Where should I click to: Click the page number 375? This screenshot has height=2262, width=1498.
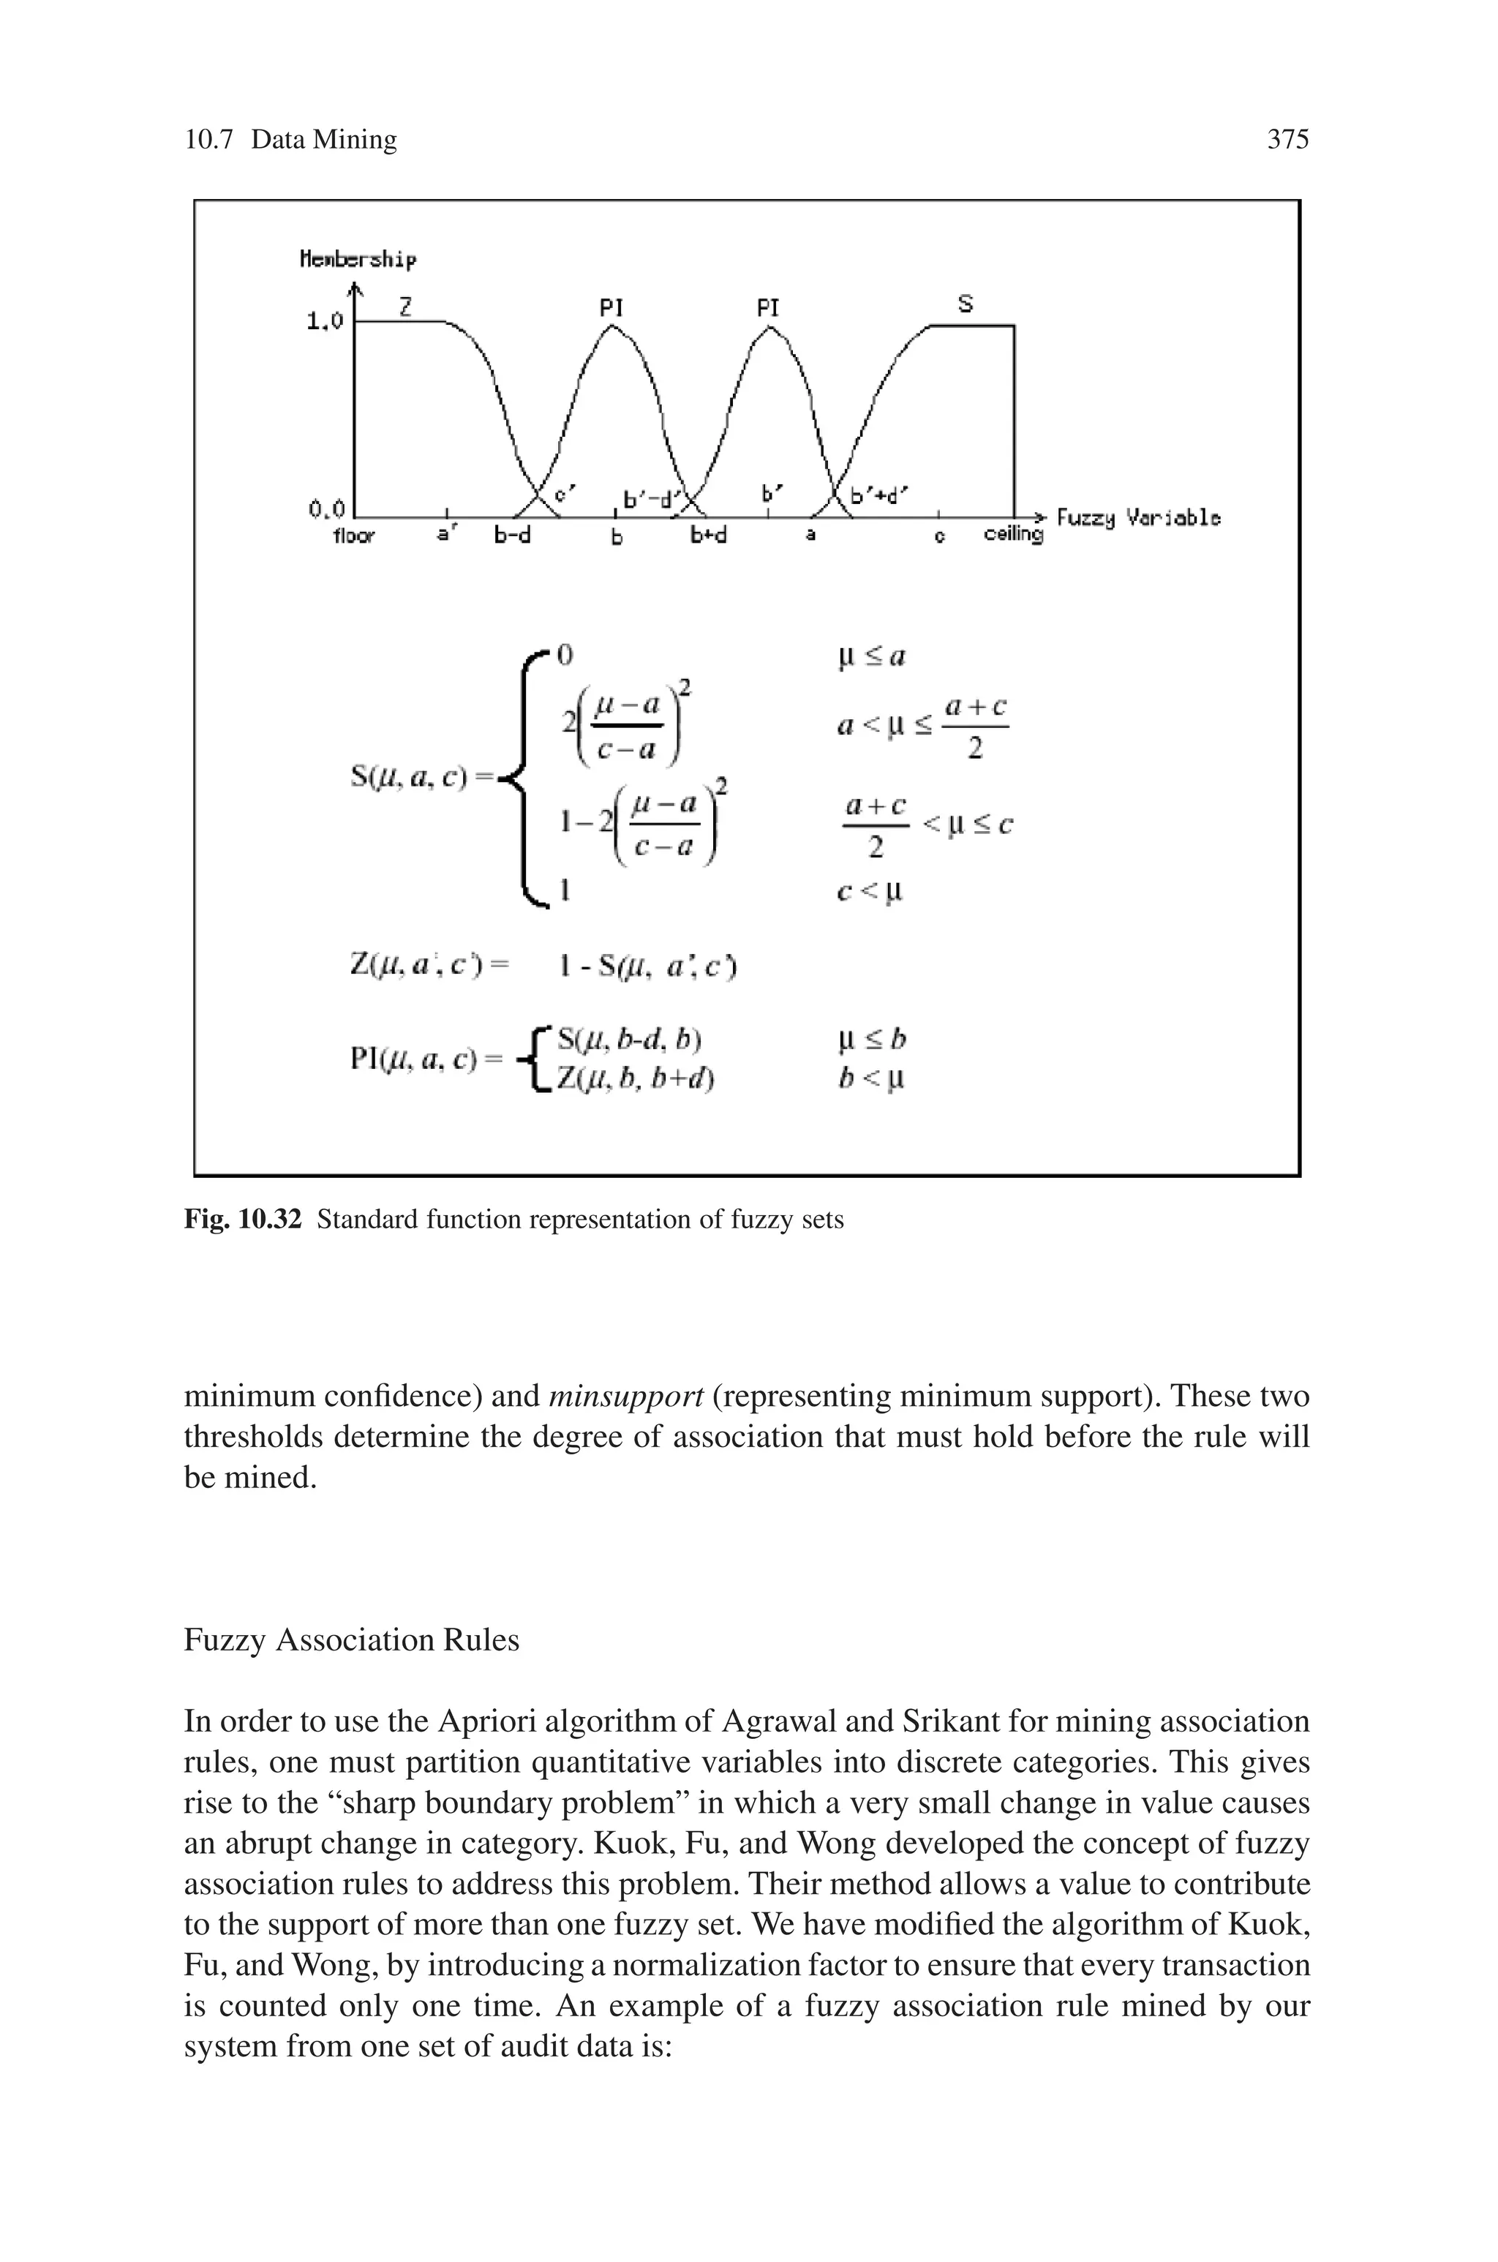[x=1287, y=140]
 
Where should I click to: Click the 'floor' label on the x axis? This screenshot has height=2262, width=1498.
[x=353, y=536]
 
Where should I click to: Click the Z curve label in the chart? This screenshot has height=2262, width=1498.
[x=406, y=307]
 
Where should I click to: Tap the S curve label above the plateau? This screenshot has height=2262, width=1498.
[x=965, y=304]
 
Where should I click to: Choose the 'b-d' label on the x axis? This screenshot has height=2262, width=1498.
[x=512, y=536]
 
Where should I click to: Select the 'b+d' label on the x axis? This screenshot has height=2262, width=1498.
[x=709, y=536]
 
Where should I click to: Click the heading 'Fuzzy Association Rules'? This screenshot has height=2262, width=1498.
[x=352, y=1640]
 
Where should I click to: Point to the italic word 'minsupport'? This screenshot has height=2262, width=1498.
[x=626, y=1397]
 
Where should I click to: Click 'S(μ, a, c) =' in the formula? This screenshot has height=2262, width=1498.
[x=421, y=778]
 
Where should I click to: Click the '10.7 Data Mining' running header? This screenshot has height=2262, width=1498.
[x=290, y=140]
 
